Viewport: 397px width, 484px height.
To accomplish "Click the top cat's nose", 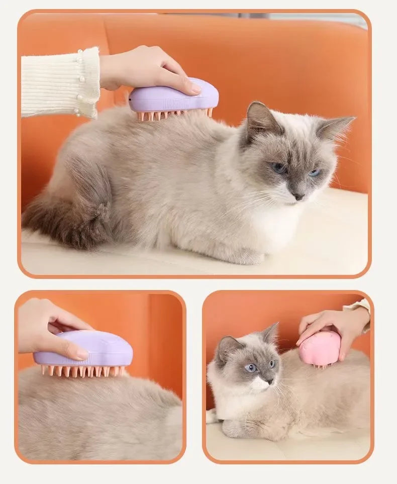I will (x=299, y=197).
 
